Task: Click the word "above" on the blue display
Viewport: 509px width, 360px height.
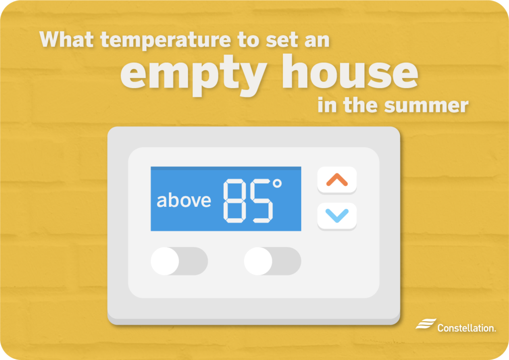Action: [x=183, y=200]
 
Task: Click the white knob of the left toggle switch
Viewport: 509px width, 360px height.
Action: [x=165, y=261]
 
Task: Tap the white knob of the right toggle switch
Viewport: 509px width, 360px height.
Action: [x=258, y=261]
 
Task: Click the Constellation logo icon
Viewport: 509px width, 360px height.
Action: [x=425, y=324]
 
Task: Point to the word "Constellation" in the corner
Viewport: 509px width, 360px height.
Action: [x=466, y=328]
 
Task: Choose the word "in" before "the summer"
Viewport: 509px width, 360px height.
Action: [x=327, y=105]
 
